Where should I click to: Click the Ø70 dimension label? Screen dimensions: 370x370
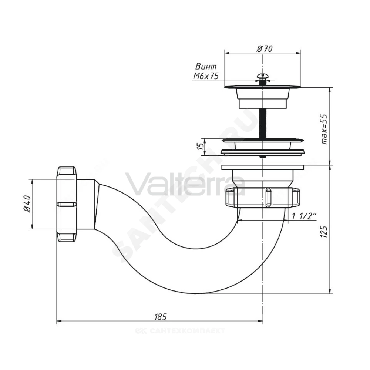point(264,49)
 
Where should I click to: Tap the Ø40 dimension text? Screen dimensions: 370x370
point(28,203)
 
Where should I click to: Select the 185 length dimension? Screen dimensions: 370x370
point(161,317)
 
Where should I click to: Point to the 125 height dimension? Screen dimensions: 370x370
point(324,232)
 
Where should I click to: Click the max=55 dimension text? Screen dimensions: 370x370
point(324,129)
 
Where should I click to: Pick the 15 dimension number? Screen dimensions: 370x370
point(201,146)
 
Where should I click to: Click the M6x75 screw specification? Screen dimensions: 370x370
point(206,76)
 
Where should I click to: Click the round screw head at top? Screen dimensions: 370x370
point(262,76)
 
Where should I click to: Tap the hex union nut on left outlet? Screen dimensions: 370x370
point(67,204)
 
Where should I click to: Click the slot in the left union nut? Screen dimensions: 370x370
point(67,204)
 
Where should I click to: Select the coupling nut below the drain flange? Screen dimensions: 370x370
point(262,198)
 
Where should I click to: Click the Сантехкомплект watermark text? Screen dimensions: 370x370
point(180,330)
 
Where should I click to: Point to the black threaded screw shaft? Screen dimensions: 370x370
point(262,123)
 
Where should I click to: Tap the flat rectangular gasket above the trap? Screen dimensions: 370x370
point(262,167)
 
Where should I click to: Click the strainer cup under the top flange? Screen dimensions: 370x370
point(262,98)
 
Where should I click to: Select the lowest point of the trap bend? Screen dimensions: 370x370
point(194,293)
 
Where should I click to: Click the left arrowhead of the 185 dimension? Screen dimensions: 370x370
point(59,321)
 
